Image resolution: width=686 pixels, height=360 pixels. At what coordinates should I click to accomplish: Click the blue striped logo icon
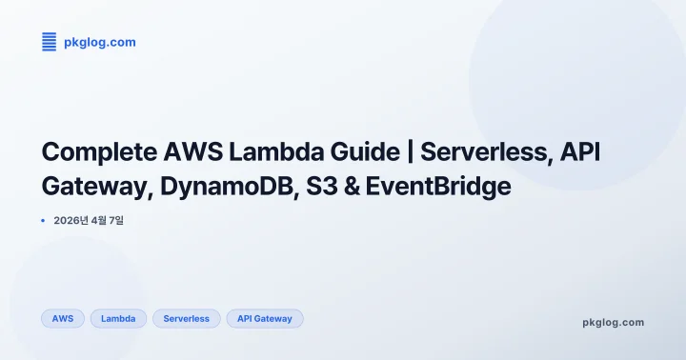pos(50,41)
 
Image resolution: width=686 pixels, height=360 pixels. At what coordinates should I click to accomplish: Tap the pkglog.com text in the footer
pos(613,322)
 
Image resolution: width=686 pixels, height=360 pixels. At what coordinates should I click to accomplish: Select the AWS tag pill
pos(63,318)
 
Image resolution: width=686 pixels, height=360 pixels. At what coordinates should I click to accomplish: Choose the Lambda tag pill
pos(118,318)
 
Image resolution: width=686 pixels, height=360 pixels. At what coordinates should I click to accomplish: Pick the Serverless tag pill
pos(186,318)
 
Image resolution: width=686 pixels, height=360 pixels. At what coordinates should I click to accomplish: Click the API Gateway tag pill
pos(265,318)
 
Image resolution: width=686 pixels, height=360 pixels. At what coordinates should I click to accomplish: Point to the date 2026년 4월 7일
pos(89,221)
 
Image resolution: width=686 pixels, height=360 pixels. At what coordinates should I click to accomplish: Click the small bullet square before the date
pos(44,221)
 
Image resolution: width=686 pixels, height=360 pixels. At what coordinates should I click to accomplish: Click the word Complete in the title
pos(95,152)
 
